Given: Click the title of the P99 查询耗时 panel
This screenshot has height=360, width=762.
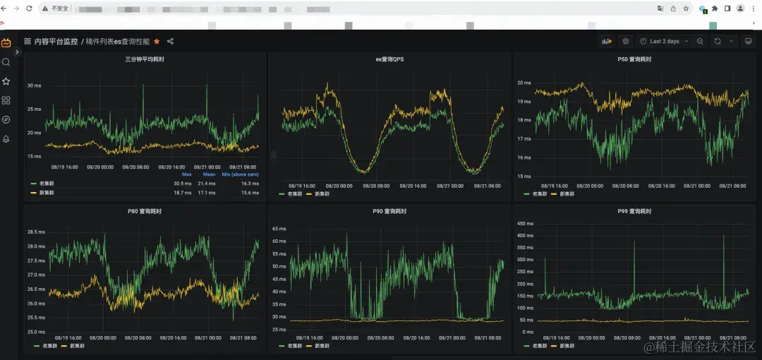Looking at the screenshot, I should pyautogui.click(x=634, y=211).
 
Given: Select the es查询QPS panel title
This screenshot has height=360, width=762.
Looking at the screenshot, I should pyautogui.click(x=389, y=59).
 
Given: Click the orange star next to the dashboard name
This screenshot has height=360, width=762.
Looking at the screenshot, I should pyautogui.click(x=157, y=42).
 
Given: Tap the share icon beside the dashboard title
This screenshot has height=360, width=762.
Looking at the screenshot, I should pyautogui.click(x=170, y=42).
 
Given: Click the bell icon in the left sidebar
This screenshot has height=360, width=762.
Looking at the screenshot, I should pyautogui.click(x=6, y=139).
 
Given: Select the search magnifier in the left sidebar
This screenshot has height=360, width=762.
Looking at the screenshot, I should pyautogui.click(x=6, y=62).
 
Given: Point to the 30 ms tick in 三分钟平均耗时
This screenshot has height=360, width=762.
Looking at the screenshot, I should pyautogui.click(x=35, y=85).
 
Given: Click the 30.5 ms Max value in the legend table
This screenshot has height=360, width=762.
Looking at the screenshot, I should pyautogui.click(x=183, y=183).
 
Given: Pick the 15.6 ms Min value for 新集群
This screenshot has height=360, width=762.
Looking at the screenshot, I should pyautogui.click(x=250, y=192).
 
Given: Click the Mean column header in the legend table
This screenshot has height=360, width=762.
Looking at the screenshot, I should pyautogui.click(x=209, y=174).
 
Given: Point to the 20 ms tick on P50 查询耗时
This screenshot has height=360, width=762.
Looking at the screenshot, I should pyautogui.click(x=524, y=83).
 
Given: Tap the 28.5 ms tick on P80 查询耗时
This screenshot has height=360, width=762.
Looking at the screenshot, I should pyautogui.click(x=36, y=232).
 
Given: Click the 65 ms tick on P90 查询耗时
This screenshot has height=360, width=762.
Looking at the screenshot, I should pyautogui.click(x=279, y=229).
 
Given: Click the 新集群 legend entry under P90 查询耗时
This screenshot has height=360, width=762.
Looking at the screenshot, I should pyautogui.click(x=322, y=346).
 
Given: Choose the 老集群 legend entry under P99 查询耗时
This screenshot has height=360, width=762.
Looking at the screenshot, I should pyautogui.click(x=538, y=346).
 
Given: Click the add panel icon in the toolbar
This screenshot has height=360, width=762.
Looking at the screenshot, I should pyautogui.click(x=606, y=42).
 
